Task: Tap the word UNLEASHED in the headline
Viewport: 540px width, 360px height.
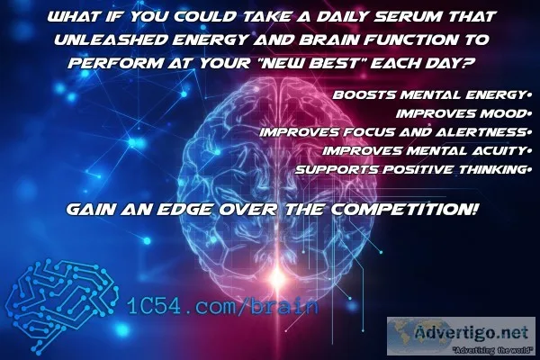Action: (x=111, y=40)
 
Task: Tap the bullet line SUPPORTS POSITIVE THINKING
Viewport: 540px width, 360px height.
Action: (x=410, y=170)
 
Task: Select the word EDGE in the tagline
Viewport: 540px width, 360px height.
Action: (x=184, y=209)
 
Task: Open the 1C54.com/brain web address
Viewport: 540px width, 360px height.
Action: (x=222, y=305)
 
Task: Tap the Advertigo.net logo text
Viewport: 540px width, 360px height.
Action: (x=472, y=333)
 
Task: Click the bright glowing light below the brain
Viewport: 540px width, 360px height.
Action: (x=277, y=275)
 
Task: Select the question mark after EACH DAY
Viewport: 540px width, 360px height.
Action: (x=467, y=63)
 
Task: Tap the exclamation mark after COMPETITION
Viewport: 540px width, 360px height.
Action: (x=474, y=209)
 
